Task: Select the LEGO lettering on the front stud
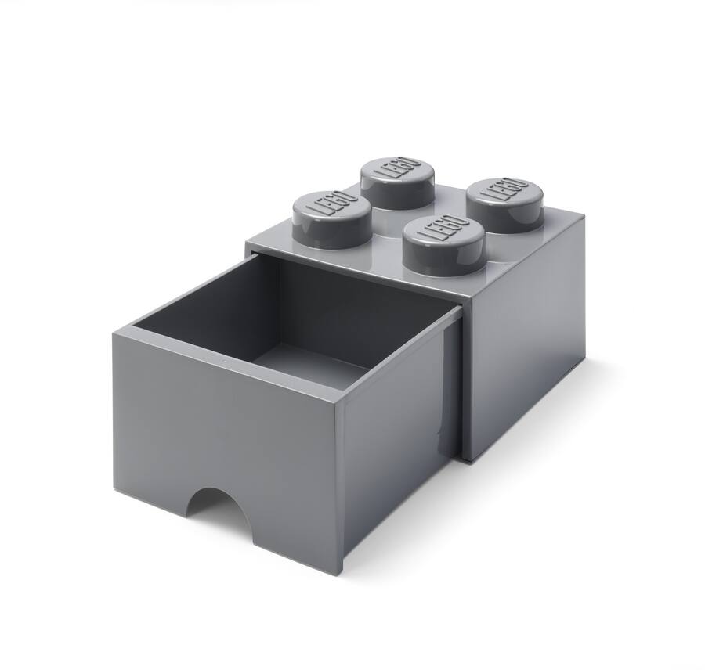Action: (443, 232)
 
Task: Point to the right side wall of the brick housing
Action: (525, 344)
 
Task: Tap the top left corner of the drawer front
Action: (114, 333)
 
